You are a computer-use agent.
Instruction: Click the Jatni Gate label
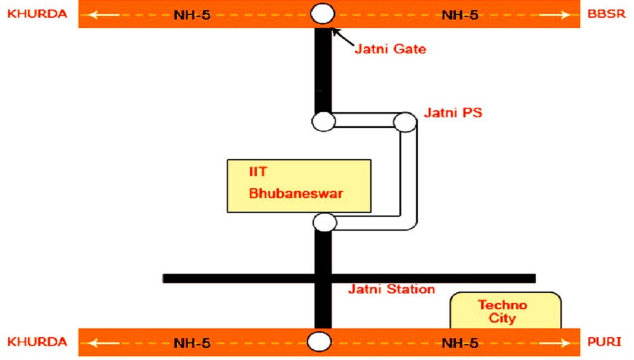click(x=390, y=48)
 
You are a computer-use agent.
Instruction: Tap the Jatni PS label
click(x=453, y=113)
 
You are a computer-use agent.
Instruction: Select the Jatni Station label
click(x=391, y=290)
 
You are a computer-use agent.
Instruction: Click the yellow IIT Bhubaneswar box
click(x=299, y=186)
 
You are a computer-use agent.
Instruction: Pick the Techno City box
click(x=505, y=311)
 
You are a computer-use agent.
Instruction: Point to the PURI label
click(x=607, y=342)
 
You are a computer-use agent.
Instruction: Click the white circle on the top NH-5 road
click(x=323, y=13)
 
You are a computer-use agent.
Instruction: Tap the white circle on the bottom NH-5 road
click(x=320, y=342)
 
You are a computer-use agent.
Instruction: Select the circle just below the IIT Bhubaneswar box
click(x=325, y=222)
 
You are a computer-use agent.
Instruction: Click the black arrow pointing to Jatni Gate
click(x=342, y=39)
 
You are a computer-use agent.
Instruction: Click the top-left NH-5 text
click(x=191, y=14)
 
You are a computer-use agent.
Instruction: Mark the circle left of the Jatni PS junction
click(x=323, y=120)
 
